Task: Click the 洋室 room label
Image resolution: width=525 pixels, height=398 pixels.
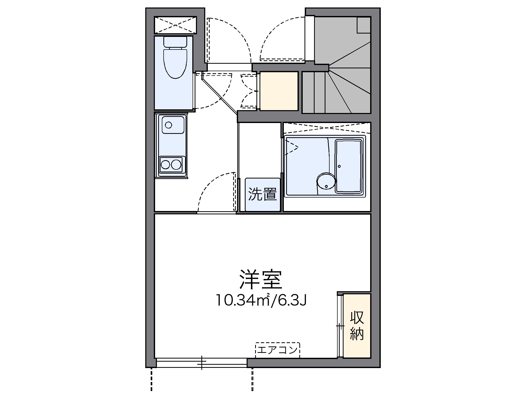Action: (x=261, y=279)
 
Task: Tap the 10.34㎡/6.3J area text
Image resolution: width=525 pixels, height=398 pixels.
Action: (x=261, y=300)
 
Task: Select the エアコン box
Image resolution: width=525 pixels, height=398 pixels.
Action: (x=277, y=350)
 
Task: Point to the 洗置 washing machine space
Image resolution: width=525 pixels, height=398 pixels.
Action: (x=262, y=194)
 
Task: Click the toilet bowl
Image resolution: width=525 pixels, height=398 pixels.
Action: (x=175, y=63)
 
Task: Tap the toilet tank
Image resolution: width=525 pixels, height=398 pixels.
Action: (x=175, y=42)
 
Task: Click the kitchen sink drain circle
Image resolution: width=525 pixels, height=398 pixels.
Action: (x=169, y=125)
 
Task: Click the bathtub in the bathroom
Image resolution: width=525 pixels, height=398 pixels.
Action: (x=349, y=166)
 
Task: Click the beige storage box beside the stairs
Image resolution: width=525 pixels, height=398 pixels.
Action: (x=279, y=91)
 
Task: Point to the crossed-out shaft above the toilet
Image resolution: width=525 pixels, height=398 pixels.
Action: (x=175, y=25)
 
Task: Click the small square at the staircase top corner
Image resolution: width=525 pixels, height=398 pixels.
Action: (x=364, y=25)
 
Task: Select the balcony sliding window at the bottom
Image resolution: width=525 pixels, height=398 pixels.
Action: (x=202, y=362)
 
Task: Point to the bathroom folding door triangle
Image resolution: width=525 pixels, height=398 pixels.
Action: (x=292, y=148)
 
